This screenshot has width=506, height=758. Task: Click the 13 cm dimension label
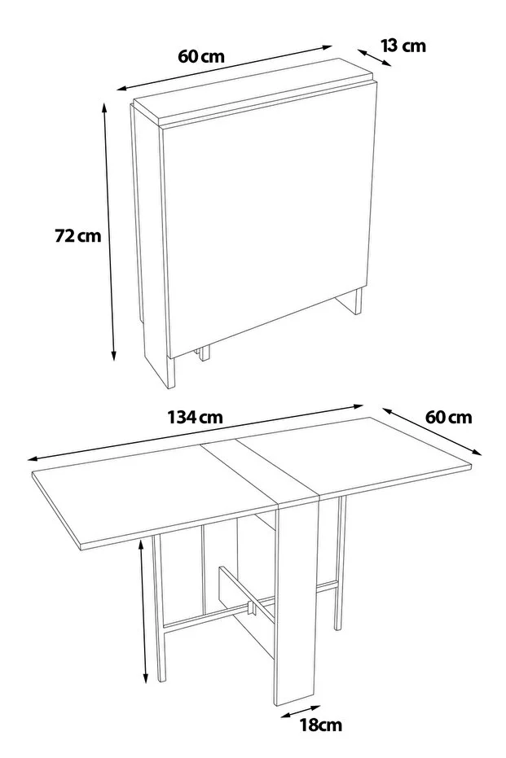point(403,46)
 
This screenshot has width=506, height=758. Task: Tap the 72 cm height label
point(78,236)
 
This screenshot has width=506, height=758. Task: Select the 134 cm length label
point(196,417)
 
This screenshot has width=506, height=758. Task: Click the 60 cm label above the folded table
point(201,56)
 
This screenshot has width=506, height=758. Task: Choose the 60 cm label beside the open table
point(448,417)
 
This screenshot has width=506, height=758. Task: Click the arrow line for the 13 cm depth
point(375,57)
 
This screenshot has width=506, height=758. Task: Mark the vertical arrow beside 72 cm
point(109,232)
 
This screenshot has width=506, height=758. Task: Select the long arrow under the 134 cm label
point(196,432)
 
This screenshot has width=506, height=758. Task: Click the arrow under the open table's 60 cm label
point(433,432)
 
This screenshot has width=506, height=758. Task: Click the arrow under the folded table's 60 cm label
point(224,68)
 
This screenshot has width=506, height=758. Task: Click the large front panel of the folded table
point(269,218)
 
